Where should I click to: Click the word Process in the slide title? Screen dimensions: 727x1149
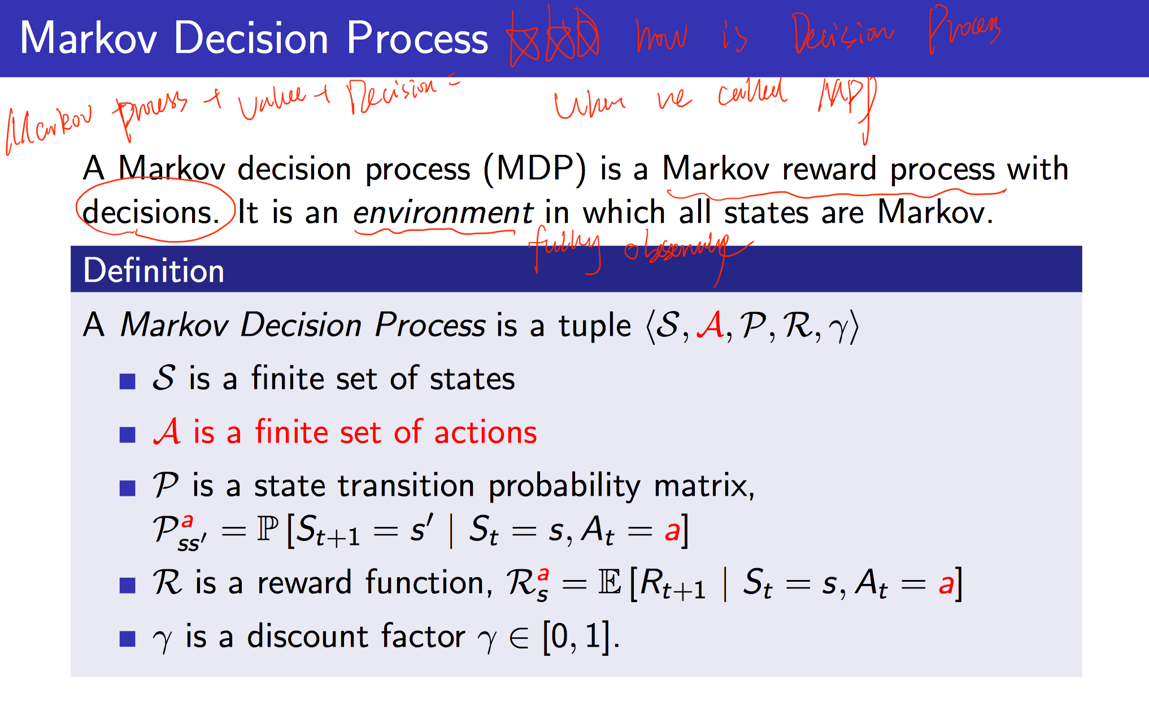click(417, 38)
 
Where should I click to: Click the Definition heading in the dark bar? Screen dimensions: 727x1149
click(153, 270)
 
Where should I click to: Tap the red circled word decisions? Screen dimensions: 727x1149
click(151, 213)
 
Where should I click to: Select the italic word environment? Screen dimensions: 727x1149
click(442, 213)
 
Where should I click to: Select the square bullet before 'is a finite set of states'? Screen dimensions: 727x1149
click(128, 381)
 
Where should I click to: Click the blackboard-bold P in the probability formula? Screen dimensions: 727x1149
click(268, 529)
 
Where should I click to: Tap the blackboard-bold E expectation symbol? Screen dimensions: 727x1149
click(610, 582)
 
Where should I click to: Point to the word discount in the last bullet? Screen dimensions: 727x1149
click(308, 636)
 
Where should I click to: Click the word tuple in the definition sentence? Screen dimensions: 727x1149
click(594, 326)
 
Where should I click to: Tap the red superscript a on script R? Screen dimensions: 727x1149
click(543, 574)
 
